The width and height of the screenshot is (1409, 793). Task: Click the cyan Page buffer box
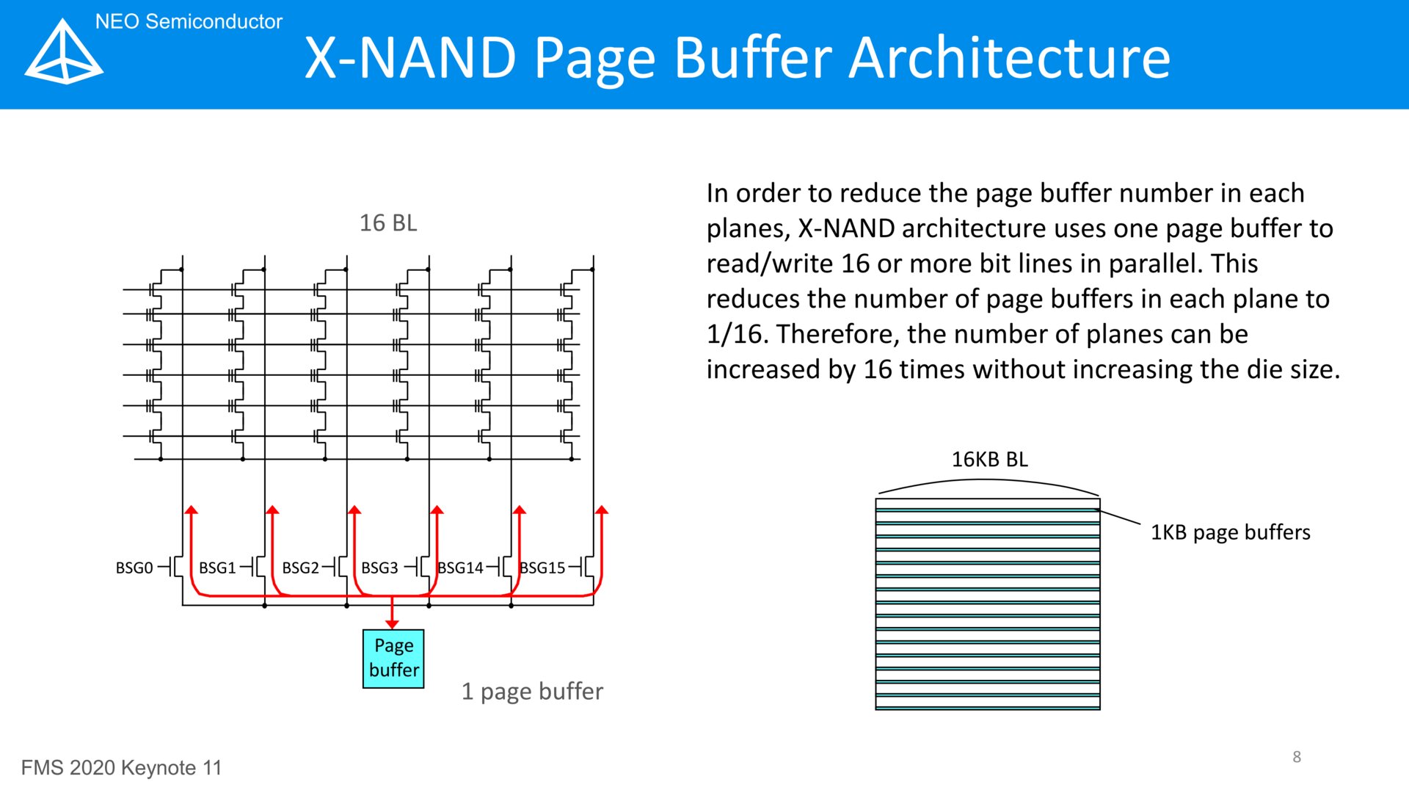click(393, 659)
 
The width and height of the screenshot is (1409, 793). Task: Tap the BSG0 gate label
click(134, 568)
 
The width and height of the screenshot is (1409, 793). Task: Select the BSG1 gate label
click(217, 568)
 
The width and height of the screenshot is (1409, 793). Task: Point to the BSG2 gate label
click(300, 568)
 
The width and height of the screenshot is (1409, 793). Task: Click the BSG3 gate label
click(379, 568)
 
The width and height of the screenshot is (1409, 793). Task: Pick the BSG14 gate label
click(460, 568)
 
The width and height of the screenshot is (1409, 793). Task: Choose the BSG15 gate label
click(542, 568)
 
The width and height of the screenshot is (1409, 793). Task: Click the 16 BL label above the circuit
click(388, 222)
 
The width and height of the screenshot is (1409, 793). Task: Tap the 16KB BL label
click(990, 459)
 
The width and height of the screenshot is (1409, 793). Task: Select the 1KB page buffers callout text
click(1230, 532)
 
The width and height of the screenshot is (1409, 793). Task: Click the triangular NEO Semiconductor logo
click(64, 51)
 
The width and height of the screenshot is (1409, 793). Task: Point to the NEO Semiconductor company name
click(189, 21)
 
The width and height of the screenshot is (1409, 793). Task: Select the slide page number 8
click(1297, 757)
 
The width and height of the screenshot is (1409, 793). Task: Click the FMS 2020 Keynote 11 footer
click(121, 768)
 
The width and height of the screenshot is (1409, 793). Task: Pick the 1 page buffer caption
click(532, 692)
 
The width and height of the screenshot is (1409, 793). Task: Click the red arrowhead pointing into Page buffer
click(392, 624)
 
